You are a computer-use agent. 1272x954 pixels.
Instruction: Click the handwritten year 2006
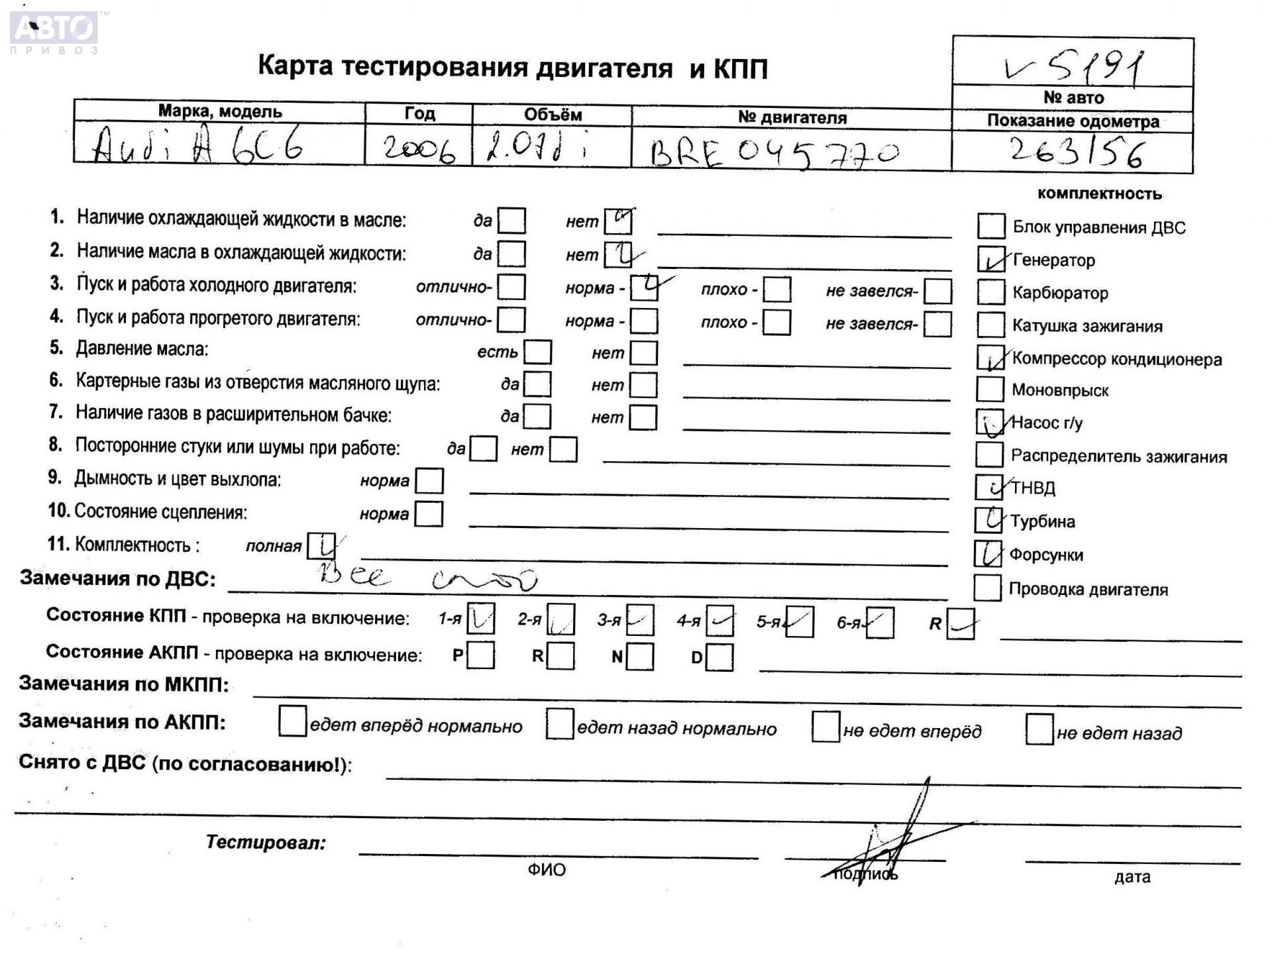point(419,149)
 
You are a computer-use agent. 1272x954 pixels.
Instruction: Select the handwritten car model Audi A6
point(198,145)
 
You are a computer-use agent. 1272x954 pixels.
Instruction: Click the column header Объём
point(553,115)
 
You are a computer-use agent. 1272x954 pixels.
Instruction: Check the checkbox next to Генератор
point(990,259)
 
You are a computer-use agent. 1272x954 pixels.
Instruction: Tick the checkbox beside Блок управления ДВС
point(990,226)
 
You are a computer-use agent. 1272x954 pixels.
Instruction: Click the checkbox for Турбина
point(988,520)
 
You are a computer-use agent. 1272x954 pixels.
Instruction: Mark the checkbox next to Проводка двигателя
point(987,588)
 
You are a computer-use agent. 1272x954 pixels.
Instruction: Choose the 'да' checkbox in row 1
point(511,221)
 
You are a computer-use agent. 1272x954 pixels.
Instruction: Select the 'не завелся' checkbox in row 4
point(937,324)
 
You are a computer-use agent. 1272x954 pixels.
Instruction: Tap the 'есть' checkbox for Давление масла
point(537,352)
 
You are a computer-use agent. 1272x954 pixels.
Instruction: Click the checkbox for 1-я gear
point(480,618)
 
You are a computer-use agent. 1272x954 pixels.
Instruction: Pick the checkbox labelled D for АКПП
point(719,657)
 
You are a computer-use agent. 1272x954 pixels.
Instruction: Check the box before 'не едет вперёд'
point(825,727)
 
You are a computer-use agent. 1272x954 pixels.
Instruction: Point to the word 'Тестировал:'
point(266,842)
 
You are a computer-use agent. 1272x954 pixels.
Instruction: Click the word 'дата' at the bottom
point(1132,877)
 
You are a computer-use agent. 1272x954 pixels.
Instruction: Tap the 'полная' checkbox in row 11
point(321,546)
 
